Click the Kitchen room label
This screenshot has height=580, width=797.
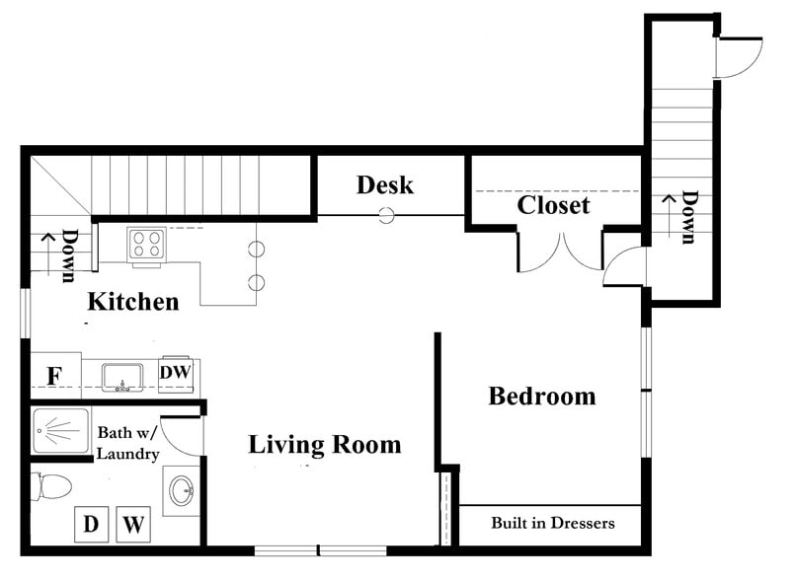133,301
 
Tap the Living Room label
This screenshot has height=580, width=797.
325,445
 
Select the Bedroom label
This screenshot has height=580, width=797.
542,396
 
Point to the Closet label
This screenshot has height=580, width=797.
553,205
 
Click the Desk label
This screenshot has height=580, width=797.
385,184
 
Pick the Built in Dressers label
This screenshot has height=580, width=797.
553,523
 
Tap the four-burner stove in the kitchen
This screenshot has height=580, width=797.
147,245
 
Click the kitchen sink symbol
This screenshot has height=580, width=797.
122,378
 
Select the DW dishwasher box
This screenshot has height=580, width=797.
176,374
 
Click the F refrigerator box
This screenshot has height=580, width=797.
55,377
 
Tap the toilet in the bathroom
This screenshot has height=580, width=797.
50,486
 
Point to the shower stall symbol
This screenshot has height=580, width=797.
61,431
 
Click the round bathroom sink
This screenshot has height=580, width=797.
182,490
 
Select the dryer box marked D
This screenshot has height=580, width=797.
92,524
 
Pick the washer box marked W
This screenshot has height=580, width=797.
133,524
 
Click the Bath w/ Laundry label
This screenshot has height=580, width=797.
128,443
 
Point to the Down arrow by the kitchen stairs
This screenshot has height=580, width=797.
48,254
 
